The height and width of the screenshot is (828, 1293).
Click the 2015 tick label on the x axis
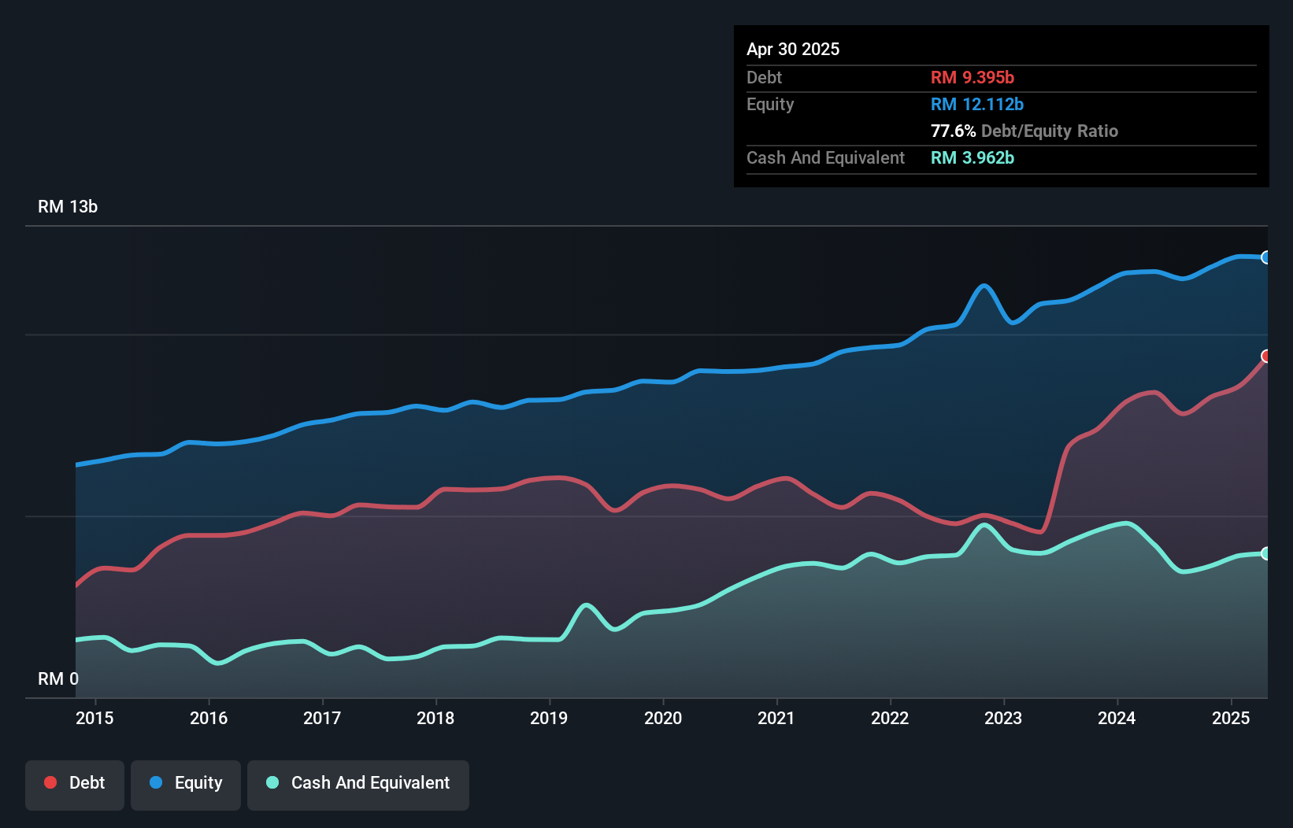coord(94,718)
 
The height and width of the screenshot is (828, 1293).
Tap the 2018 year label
coord(435,718)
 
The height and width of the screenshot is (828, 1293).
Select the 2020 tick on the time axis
coord(663,718)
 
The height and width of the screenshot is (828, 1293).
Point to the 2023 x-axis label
coord(1003,718)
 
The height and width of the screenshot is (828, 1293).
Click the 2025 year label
coord(1231,718)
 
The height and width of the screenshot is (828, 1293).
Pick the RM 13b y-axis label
coord(68,206)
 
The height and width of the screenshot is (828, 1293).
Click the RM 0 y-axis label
coord(58,678)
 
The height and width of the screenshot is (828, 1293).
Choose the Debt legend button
coord(75,783)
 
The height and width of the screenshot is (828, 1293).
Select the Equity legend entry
coord(186,783)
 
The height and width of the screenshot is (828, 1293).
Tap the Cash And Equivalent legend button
coord(358,783)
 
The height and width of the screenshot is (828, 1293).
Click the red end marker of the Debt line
coord(1266,357)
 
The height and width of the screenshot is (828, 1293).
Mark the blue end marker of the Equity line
coord(1266,257)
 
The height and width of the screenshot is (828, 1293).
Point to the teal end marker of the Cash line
coord(1266,553)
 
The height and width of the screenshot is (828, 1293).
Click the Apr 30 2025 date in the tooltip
coord(793,49)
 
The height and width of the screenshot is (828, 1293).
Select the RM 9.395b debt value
coord(972,77)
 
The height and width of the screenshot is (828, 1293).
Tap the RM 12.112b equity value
coord(976,104)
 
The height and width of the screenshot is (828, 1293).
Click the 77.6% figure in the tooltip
coord(953,131)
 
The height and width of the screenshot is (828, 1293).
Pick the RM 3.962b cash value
coord(972,157)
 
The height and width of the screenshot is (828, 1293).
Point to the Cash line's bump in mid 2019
coord(586,605)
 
